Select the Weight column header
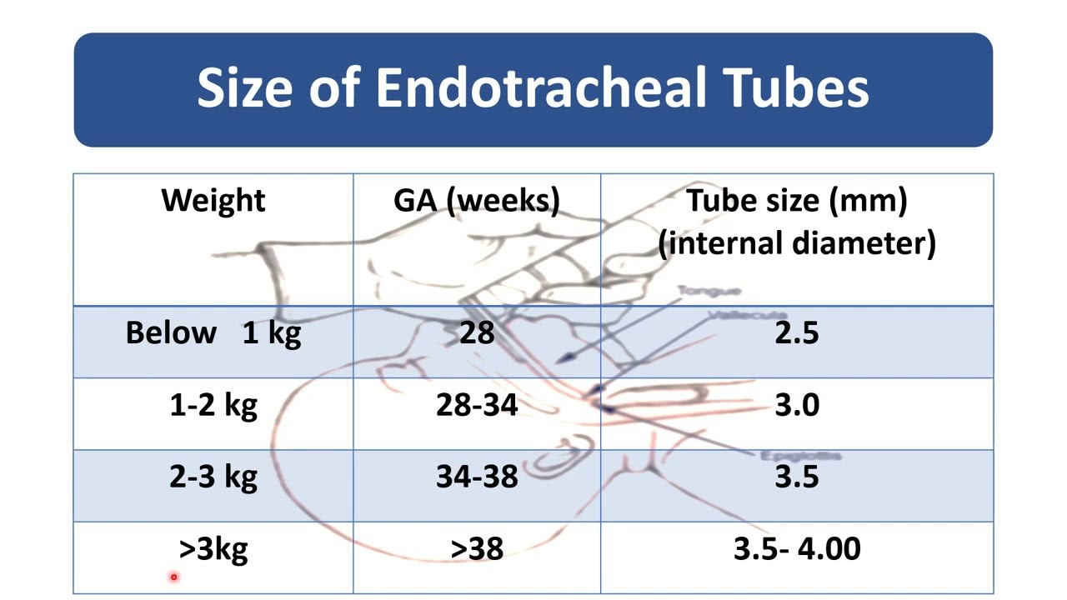[213, 201]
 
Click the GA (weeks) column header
[477, 201]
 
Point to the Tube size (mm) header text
[797, 201]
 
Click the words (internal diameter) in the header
[797, 243]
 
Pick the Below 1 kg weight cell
[213, 333]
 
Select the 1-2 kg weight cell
[213, 406]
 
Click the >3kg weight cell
[213, 549]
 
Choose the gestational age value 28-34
[477, 406]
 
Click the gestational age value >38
[477, 549]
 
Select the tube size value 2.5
[797, 333]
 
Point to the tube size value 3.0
[797, 406]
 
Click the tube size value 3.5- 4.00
[797, 549]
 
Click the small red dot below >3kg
[173, 577]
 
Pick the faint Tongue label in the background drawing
[709, 291]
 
